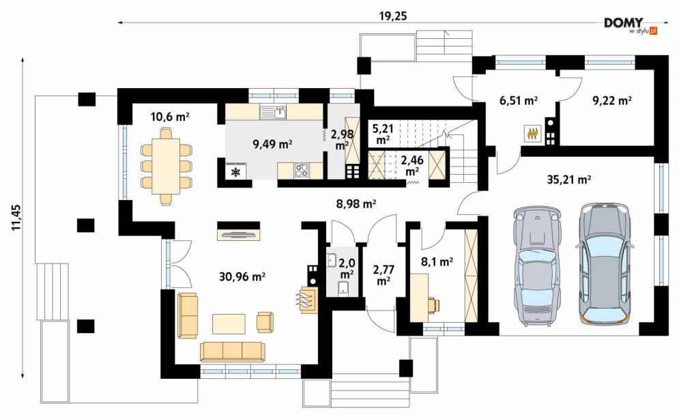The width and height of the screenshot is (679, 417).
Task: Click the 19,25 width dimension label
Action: (x=393, y=16)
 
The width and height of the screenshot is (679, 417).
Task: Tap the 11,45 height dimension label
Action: (x=16, y=218)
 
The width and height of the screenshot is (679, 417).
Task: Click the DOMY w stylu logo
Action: (x=631, y=26)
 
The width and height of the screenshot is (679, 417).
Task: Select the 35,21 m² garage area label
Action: (x=569, y=179)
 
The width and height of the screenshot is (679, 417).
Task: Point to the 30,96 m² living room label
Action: (x=242, y=276)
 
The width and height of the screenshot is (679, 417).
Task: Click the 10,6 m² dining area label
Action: (x=170, y=117)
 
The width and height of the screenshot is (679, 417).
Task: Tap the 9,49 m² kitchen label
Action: (x=272, y=144)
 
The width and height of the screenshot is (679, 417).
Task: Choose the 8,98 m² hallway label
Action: (x=356, y=203)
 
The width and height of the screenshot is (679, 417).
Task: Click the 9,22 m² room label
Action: (x=611, y=100)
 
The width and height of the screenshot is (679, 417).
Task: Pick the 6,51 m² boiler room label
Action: (x=519, y=100)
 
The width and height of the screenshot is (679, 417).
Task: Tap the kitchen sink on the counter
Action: (x=273, y=113)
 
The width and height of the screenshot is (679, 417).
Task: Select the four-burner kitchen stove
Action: (x=302, y=170)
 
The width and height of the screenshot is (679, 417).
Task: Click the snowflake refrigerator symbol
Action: (x=235, y=172)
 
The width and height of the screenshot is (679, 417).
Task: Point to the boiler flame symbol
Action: (x=532, y=133)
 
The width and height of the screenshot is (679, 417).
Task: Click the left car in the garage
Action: (x=536, y=265)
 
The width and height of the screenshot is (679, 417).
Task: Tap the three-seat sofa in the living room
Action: (x=233, y=351)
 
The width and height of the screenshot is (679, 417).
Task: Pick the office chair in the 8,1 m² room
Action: (x=434, y=305)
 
